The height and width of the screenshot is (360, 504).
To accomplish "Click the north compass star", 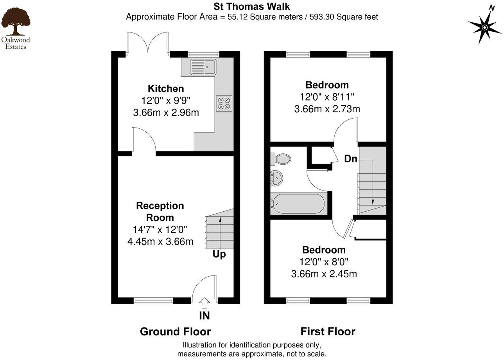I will [x=484, y=27].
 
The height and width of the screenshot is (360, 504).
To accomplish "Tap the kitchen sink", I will [x=203, y=67].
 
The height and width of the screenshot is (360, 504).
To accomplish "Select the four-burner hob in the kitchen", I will [x=224, y=103].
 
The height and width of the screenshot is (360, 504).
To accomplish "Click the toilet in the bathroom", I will [x=282, y=159].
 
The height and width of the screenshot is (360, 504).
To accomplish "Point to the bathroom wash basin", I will [x=276, y=178].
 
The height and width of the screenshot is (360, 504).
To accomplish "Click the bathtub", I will [x=298, y=204].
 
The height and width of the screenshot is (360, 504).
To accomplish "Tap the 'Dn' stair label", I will [x=350, y=158].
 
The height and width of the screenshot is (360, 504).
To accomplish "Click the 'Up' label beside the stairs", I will [x=219, y=254].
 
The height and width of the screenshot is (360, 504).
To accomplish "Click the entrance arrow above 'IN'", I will [x=204, y=303].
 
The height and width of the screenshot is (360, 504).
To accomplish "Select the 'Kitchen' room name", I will [x=166, y=88].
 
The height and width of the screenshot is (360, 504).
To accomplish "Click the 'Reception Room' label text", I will [x=160, y=211].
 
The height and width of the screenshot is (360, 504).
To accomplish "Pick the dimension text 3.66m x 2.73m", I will [x=327, y=109].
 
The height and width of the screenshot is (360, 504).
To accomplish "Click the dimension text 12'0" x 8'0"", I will [x=324, y=262].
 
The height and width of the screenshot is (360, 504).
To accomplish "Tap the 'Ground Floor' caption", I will [x=175, y=332].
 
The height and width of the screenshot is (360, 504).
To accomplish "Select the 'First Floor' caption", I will [x=328, y=331].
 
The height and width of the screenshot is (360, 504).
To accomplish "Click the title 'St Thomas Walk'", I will [x=251, y=6].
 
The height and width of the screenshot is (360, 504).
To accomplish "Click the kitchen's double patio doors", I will [x=148, y=43].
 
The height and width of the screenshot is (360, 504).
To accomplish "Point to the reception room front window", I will [x=153, y=301].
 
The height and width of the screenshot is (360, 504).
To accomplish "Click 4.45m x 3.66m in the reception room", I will [x=160, y=241].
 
